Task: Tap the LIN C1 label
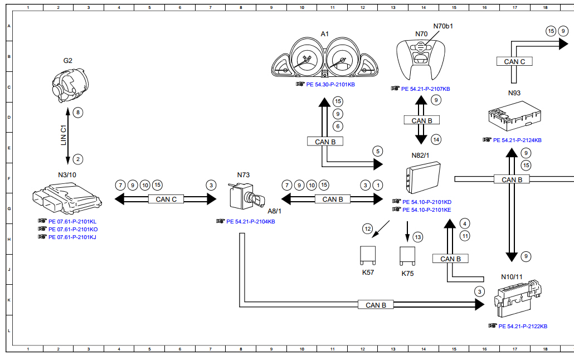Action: pyautogui.click(x=64, y=135)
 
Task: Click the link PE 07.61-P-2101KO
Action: pyautogui.click(x=73, y=229)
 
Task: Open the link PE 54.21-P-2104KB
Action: pyautogui.click(x=250, y=221)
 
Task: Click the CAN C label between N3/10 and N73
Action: pyautogui.click(x=166, y=199)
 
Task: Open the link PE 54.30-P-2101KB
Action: pyautogui.click(x=330, y=85)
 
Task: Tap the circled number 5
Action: pyautogui.click(x=378, y=151)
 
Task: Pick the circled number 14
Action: pyautogui.click(x=436, y=139)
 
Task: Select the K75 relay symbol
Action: pyautogui.click(x=407, y=255)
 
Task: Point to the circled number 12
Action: pyautogui.click(x=367, y=228)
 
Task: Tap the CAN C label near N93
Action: pyautogui.click(x=514, y=62)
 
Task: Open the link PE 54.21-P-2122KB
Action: pyautogui.click(x=523, y=326)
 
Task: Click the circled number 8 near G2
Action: pyautogui.click(x=78, y=113)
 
